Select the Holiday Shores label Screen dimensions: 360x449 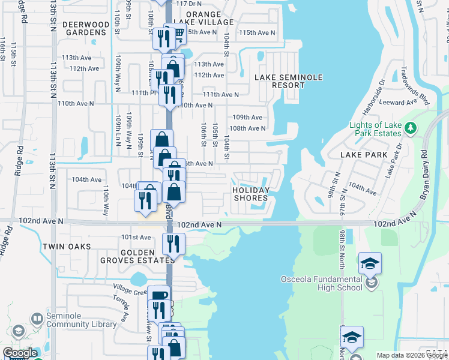(x=251, y=194)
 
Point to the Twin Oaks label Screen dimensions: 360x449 (x=67, y=247)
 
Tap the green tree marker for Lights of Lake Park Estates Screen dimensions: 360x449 (x=411, y=127)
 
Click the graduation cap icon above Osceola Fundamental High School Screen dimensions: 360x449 (x=370, y=262)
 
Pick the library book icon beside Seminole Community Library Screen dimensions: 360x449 (x=37, y=319)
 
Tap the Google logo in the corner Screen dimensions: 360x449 (x=20, y=353)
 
